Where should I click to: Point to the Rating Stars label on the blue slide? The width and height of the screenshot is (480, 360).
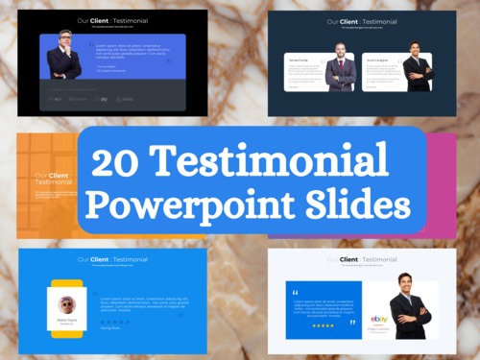click(110, 327)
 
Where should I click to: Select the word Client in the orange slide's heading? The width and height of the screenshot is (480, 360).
click(59, 176)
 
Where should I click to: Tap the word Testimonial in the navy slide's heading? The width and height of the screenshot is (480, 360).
click(375, 21)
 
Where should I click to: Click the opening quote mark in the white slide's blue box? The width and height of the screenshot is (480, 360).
click(295, 292)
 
